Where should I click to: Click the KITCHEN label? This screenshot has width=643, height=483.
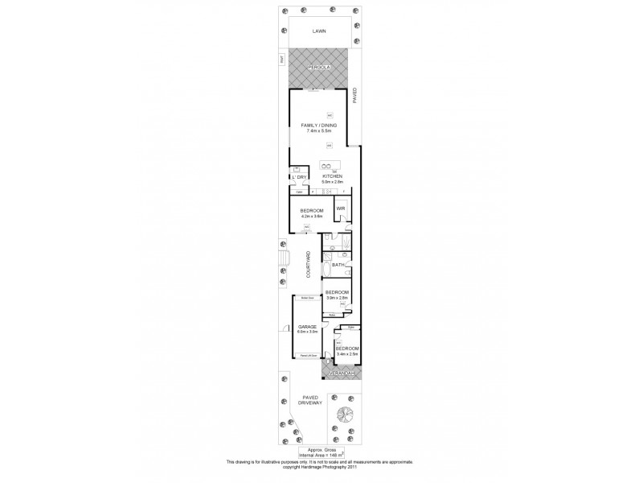point(333,176)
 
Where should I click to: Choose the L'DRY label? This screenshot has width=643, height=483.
point(300,177)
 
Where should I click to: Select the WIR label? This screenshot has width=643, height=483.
point(341,208)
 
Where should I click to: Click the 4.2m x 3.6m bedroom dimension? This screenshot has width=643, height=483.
point(311,215)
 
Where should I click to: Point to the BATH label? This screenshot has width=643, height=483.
point(338,264)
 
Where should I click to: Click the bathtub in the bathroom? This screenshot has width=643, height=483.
point(326,268)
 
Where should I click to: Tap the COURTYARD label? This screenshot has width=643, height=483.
point(308,266)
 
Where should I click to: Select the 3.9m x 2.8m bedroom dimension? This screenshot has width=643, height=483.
point(337,298)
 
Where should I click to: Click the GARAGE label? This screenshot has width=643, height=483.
point(308,326)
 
